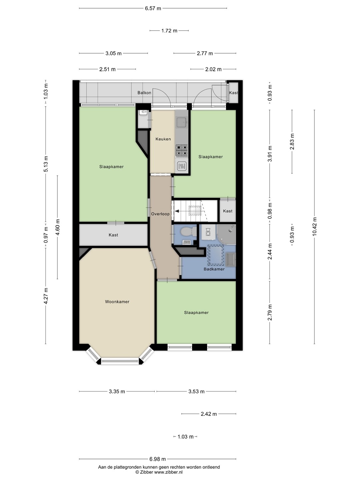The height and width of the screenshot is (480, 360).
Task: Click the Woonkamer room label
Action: [117, 302]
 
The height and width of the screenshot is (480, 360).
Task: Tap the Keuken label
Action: [163, 139]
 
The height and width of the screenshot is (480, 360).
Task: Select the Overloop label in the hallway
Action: [160, 214]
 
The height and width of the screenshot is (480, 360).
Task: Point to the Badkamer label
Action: [214, 269]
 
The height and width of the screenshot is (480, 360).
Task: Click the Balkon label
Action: [144, 93]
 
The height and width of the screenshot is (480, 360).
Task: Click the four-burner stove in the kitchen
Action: [182, 151]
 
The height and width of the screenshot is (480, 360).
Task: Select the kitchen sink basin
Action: [181, 122]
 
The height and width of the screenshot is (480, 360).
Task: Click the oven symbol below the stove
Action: [182, 166]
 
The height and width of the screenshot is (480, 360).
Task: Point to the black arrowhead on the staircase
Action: [177, 211]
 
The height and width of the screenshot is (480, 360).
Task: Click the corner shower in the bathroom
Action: [226, 234]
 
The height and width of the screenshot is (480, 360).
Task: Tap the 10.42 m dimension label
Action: [315, 226]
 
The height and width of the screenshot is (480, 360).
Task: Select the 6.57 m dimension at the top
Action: [153, 9]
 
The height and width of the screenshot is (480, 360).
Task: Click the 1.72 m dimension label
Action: [169, 31]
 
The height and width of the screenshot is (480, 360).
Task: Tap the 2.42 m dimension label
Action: [209, 414]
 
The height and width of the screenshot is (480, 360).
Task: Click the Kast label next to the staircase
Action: [228, 211]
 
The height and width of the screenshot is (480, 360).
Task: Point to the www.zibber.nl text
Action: [168, 472]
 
